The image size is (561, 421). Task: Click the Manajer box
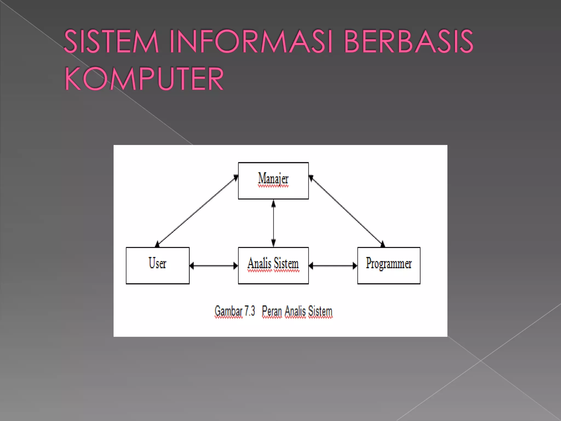273,181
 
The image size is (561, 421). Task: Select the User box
158,265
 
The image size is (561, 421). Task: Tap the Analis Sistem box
273,265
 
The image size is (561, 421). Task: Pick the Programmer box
389,265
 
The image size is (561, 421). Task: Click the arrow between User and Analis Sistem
214,266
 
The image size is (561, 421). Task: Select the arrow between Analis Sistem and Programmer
333,266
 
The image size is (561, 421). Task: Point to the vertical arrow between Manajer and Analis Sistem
273,223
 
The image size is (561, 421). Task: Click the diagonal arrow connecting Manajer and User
196,210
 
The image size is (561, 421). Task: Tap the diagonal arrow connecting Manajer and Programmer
347,210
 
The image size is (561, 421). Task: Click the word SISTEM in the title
111,41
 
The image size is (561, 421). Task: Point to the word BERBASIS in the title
408,41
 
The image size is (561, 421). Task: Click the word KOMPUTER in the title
144,79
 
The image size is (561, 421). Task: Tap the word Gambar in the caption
228,311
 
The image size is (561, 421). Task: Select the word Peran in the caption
272,311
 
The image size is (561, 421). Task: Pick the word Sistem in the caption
320,311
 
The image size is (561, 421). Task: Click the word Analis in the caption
295,311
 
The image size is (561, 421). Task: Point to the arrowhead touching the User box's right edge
192,266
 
